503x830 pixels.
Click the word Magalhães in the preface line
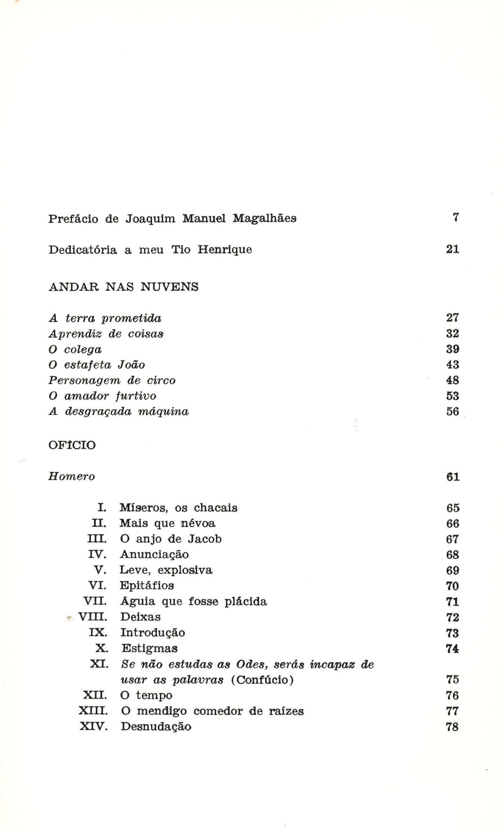(264, 219)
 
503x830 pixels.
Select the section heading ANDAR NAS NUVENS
(124, 287)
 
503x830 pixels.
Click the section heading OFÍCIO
(72, 445)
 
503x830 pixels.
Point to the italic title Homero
(72, 477)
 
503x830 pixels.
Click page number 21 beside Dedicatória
(453, 249)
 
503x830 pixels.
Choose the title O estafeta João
(97, 365)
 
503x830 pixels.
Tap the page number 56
(453, 411)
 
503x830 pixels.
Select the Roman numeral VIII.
(92, 617)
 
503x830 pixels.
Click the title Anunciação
(154, 555)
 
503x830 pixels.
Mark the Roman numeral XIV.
(93, 727)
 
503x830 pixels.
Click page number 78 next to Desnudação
(453, 727)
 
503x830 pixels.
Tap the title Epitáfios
(147, 586)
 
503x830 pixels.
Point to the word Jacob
(205, 539)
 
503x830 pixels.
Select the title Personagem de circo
(112, 381)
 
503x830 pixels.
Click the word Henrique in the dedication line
(225, 250)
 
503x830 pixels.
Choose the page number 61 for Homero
(453, 477)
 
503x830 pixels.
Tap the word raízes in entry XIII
(286, 711)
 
